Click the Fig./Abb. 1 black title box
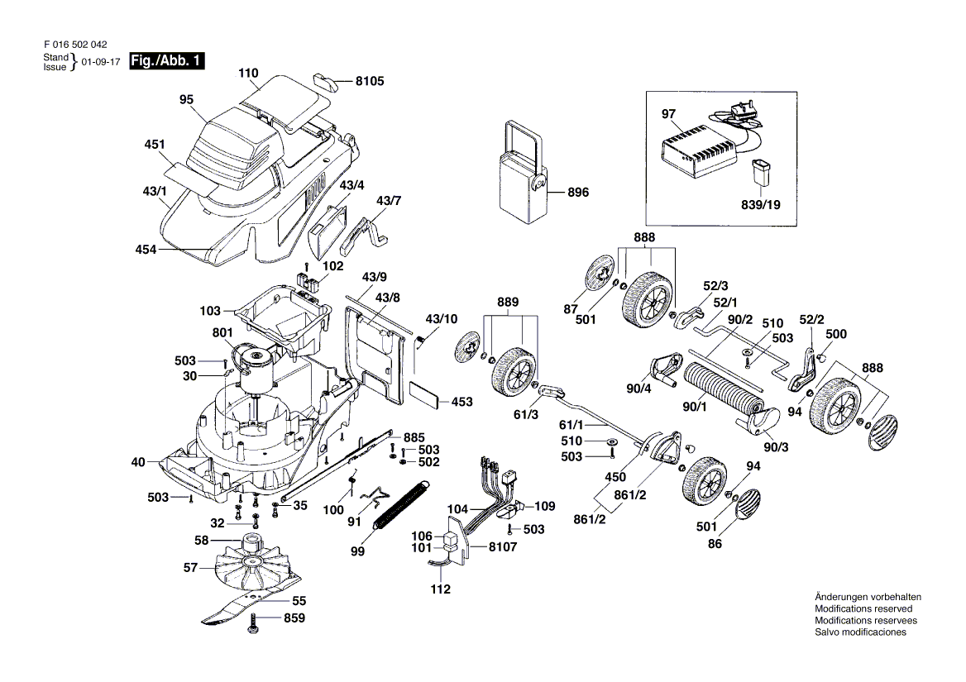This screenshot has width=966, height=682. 167,61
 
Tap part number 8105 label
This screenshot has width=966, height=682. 370,81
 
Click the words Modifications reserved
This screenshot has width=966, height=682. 863,608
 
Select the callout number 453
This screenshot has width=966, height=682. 461,402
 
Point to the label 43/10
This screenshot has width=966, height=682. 441,318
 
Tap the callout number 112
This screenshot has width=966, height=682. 440,589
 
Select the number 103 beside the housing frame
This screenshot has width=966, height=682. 211,311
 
